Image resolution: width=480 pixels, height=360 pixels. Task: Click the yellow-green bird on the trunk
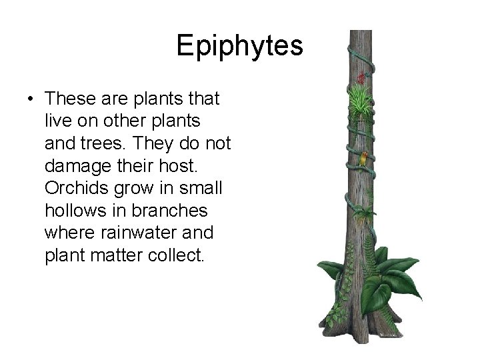(364, 161)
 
